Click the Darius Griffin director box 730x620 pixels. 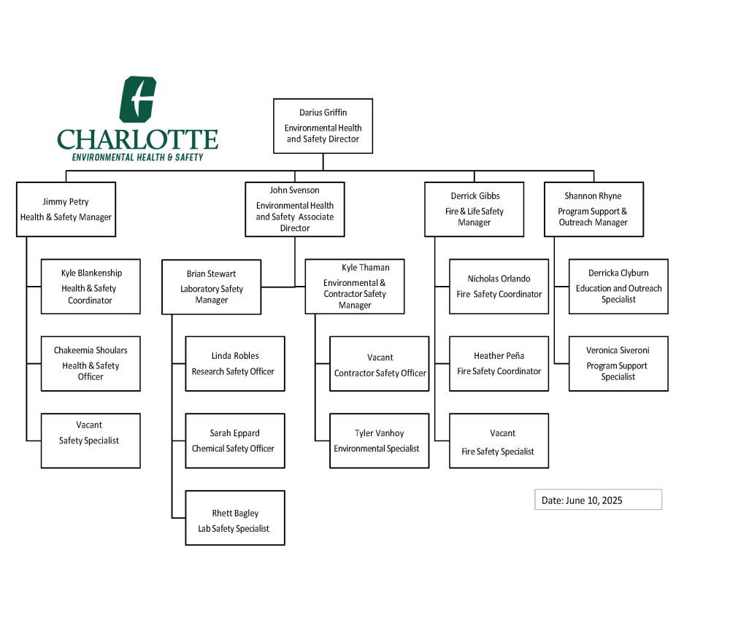323,125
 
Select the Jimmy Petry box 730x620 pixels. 66,209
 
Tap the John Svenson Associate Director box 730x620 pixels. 295,209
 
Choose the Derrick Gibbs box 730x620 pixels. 474,209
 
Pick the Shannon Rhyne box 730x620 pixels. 593,209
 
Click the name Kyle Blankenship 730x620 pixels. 91,273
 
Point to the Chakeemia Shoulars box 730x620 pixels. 91,364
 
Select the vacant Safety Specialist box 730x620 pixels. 91,441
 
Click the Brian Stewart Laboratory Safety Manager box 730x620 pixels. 211,287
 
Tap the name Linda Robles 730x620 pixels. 235,356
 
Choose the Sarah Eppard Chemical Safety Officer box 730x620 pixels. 234,441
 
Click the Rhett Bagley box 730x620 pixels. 234,518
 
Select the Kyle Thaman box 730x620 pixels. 354,287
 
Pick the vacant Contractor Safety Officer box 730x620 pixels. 379,364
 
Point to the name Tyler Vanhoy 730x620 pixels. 379,433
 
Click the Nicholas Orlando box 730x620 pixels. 499,287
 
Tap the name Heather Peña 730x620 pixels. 499,356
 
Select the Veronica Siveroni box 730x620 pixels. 618,364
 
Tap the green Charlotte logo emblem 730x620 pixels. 137,99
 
